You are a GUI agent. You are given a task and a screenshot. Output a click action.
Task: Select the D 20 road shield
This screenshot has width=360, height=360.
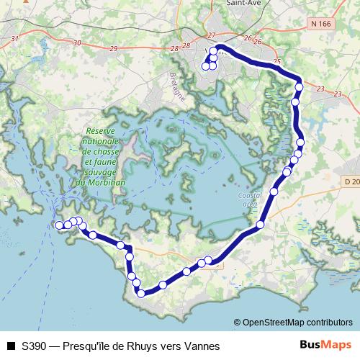pyautogui.click(x=351, y=181)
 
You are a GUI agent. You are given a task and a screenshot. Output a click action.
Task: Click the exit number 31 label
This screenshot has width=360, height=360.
pyautogui.click(x=15, y=38)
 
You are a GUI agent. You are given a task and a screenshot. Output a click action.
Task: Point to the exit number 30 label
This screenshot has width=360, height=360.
pyautogui.click(x=77, y=43)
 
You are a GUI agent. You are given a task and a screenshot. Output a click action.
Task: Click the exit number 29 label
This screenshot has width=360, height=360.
pyautogui.click(x=114, y=48)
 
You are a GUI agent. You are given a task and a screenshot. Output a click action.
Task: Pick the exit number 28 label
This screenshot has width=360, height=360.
pyautogui.click(x=174, y=48)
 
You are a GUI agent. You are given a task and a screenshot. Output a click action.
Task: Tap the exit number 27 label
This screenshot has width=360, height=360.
pyautogui.click(x=211, y=35)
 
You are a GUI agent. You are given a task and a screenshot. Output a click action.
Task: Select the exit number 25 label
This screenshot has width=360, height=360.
pyautogui.click(x=277, y=62)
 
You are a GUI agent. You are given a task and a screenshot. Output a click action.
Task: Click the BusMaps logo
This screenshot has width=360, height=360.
pyautogui.click(x=326, y=345)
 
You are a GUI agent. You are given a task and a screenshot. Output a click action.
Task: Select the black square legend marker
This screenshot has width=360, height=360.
pyautogui.click(x=11, y=346)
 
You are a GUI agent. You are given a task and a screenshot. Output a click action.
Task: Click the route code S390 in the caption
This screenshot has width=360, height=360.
pyautogui.click(x=35, y=346)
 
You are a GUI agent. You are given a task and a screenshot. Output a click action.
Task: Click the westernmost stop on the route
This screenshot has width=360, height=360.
pyautogui.click(x=59, y=225)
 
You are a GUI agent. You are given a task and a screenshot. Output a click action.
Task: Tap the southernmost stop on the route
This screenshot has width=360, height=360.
pyautogui.click(x=141, y=293)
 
